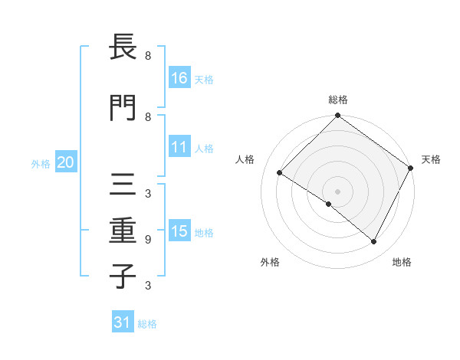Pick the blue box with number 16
click(179, 77)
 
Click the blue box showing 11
click(179, 147)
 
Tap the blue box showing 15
click(179, 231)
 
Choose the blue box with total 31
click(123, 322)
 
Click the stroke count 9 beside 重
click(148, 239)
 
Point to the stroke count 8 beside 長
click(148, 56)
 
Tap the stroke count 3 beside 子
click(148, 286)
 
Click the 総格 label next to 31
click(147, 324)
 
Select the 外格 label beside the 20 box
click(41, 163)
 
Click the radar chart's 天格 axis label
click(431, 159)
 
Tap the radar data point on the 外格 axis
click(329, 204)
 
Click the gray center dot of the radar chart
click(337, 191)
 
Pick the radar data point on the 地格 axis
click(374, 242)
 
